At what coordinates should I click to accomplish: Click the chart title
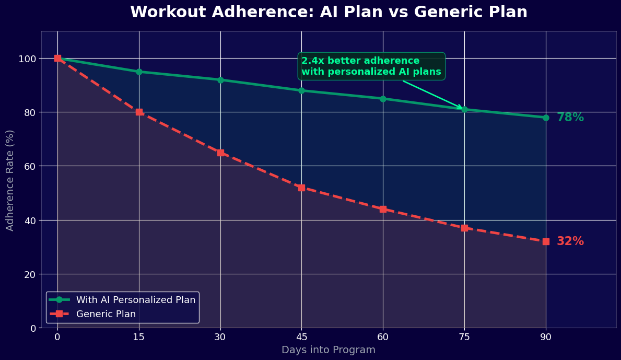point(329,13)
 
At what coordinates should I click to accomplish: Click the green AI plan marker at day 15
point(139,72)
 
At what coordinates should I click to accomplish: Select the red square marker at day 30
point(220,153)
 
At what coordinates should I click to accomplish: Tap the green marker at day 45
point(301,90)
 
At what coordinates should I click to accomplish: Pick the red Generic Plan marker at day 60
point(383,209)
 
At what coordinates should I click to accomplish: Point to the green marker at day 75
point(464,109)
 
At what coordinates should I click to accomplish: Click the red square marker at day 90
point(546,241)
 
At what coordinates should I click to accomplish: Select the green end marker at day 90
point(546,118)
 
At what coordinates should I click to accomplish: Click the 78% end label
point(570,118)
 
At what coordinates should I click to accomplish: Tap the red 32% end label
point(570,241)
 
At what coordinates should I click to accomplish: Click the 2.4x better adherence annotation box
point(371,66)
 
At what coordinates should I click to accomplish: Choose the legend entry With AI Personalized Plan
point(135,300)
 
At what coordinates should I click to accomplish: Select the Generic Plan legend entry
point(106,314)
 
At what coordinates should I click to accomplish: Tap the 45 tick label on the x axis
point(301,338)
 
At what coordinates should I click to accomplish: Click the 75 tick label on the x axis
point(464,338)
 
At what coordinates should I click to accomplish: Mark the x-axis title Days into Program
point(328,350)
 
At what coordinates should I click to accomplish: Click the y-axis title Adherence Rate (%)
point(10,180)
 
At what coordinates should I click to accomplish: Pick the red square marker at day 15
point(139,112)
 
